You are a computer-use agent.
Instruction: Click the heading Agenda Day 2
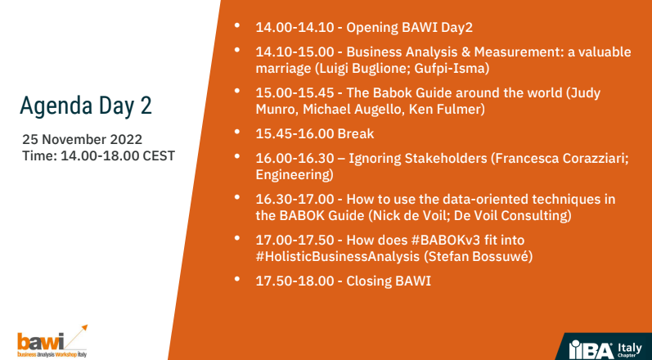(86, 106)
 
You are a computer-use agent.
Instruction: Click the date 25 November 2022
(83, 139)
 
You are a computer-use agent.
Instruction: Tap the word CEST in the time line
(159, 156)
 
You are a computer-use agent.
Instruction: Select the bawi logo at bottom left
(52, 341)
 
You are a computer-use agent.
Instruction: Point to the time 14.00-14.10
(295, 28)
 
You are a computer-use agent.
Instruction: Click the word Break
(356, 134)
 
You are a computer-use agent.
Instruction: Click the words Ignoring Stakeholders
(417, 159)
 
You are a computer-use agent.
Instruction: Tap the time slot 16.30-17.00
(295, 200)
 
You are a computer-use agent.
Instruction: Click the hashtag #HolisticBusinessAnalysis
(338, 256)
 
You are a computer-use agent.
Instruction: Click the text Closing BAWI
(389, 281)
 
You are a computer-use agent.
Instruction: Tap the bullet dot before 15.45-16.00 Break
(237, 132)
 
